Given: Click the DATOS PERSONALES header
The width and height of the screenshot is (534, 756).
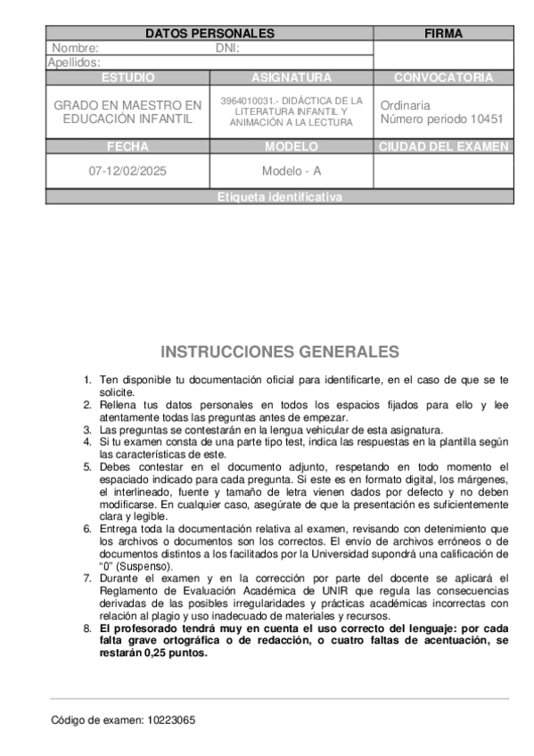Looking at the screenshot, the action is (209, 34).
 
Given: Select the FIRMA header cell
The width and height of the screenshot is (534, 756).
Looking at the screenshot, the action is (443, 34).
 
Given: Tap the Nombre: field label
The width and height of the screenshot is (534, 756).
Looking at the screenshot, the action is (76, 48).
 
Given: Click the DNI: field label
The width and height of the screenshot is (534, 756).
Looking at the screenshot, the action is (227, 48).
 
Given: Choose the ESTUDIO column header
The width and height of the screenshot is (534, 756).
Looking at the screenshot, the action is (127, 78).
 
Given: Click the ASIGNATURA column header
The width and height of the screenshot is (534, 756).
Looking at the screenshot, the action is (292, 78).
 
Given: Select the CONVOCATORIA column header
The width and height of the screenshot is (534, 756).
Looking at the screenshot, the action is (443, 78).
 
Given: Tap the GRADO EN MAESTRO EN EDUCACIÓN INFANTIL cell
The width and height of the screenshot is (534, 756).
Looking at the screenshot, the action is (127, 111).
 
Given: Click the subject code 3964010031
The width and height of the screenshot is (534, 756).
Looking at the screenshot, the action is (242, 101).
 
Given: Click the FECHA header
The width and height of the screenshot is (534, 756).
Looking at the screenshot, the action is (127, 147).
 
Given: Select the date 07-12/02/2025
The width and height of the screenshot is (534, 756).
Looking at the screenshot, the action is (127, 170).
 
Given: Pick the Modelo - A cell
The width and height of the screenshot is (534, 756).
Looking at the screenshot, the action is (292, 170).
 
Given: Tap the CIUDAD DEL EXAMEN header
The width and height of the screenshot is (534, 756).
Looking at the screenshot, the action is (443, 147).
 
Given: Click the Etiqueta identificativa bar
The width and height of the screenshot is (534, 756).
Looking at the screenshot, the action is (279, 197).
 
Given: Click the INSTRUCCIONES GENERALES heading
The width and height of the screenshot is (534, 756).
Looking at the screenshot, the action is (279, 351).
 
